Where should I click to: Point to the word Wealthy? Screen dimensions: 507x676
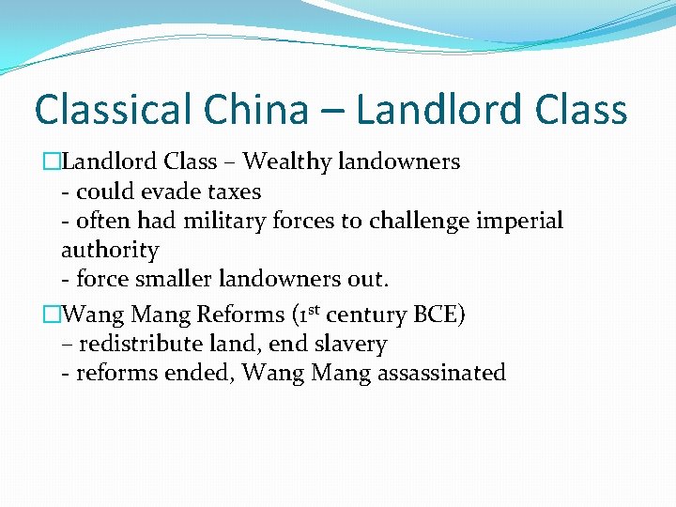[x=285, y=162]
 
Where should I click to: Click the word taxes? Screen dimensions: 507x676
[x=233, y=192]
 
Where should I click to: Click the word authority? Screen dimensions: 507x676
[x=110, y=252]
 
